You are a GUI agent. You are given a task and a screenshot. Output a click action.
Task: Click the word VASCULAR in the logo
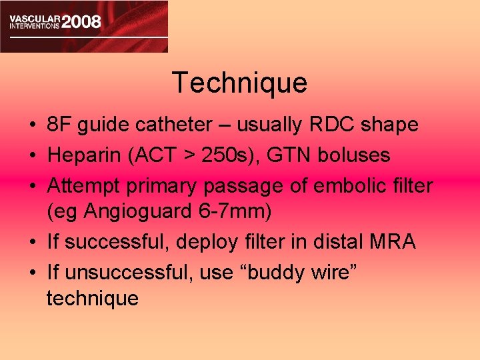click(x=33, y=15)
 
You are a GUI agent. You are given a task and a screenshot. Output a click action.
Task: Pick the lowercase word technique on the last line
click(x=93, y=298)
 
